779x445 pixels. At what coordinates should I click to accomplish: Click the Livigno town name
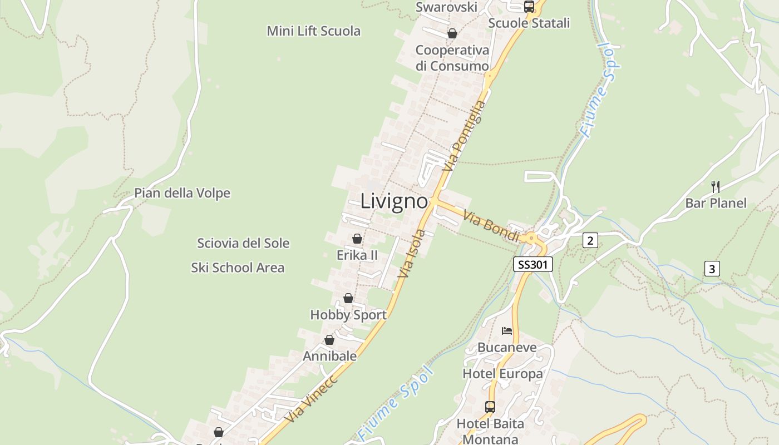coord(394,201)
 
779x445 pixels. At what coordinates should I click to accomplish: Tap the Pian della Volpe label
coord(182,193)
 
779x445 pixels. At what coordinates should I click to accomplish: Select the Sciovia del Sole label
coord(243,243)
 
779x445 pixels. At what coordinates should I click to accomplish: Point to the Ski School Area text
coord(238,268)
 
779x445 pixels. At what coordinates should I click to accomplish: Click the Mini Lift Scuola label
coord(313,31)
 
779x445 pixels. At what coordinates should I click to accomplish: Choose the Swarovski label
coord(446,7)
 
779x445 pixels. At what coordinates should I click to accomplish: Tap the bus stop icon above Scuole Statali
coord(529,7)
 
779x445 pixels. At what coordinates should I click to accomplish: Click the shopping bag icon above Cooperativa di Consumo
coord(452,33)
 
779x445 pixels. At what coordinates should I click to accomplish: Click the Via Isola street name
coord(412,254)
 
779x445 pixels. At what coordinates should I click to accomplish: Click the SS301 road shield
coord(533,265)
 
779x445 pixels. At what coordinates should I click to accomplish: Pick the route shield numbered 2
coord(590,240)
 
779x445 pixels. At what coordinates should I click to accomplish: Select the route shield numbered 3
coord(712,269)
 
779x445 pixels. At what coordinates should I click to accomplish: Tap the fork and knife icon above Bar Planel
coord(716,186)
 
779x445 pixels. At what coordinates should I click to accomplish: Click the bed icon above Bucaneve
coord(506,331)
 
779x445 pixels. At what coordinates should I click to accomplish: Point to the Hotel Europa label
coord(502,374)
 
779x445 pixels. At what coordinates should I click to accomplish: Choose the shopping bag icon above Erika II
coord(357,239)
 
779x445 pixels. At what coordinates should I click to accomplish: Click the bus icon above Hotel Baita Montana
coord(490,407)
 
